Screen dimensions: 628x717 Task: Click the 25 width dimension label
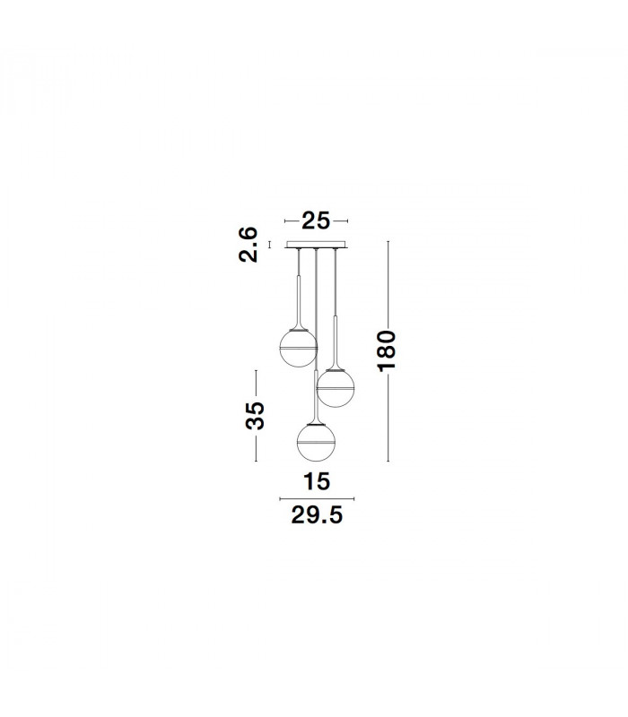316,220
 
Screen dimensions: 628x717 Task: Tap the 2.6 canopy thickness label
249,244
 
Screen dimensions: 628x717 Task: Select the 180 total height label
387,351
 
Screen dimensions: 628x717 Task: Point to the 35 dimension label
255,416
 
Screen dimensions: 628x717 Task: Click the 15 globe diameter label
317,481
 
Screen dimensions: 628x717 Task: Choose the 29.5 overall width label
317,515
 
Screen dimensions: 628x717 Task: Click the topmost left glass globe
298,348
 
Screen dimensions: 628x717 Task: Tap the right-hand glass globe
336,388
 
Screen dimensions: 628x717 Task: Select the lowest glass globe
316,443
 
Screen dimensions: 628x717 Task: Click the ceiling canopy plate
317,245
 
